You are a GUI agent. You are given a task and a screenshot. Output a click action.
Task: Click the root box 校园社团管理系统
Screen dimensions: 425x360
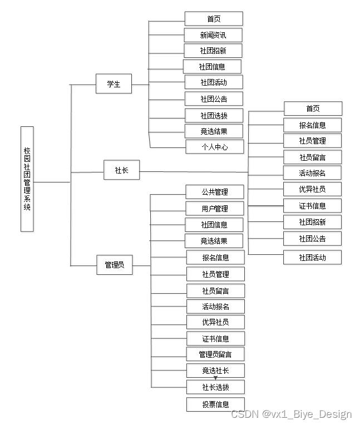27,179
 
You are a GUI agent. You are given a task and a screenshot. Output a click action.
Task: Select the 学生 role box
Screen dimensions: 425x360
114,85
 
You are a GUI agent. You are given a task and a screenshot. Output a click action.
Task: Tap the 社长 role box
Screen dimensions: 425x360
121,170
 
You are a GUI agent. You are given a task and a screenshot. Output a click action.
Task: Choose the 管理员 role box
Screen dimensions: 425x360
115,265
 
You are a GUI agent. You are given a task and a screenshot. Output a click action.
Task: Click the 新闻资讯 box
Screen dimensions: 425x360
214,35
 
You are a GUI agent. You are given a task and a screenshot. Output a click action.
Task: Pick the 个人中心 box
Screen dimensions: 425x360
215,147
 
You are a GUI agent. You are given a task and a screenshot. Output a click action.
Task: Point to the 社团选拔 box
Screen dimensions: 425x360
214,115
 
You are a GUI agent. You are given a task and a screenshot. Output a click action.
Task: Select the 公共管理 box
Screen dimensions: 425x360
215,192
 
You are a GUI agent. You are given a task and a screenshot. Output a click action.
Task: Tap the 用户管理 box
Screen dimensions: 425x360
215,209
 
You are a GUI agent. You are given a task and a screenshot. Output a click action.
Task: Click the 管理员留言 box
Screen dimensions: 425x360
215,354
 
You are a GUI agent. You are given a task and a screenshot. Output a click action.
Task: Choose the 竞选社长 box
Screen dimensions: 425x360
215,370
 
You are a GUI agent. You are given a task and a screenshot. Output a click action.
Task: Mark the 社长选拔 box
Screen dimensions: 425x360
215,387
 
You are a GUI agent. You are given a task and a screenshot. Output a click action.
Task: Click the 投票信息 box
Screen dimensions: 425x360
215,404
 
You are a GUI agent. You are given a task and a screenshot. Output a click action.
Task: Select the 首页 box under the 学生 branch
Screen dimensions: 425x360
214,19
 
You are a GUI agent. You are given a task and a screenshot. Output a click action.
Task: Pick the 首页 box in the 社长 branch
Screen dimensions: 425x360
313,108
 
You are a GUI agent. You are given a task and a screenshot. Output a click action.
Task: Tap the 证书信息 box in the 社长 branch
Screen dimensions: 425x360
312,206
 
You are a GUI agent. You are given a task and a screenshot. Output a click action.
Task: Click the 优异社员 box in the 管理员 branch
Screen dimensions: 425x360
215,322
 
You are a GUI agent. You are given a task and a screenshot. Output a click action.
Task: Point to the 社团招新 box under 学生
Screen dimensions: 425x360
213,51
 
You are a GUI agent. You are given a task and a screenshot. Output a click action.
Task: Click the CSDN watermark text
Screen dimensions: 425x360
291,414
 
